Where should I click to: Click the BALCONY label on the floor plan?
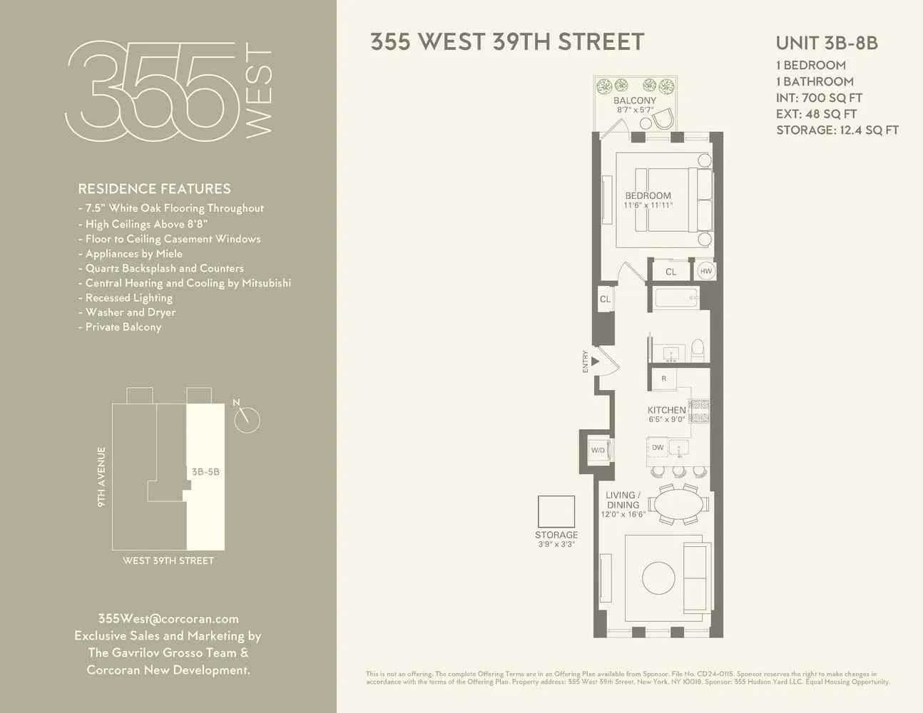[635, 101]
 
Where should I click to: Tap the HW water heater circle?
[705, 271]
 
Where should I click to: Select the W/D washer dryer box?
[600, 450]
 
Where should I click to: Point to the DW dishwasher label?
[658, 447]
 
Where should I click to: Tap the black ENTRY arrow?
[595, 361]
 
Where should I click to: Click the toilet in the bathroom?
[698, 349]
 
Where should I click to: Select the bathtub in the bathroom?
[677, 297]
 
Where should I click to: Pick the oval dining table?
[678, 504]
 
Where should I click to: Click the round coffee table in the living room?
[658, 578]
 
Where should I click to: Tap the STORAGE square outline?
[556, 511]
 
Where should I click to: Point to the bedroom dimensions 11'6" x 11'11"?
[648, 205]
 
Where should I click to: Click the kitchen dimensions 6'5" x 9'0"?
[666, 419]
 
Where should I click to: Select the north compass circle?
[248, 420]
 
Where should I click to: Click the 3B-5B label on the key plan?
[205, 471]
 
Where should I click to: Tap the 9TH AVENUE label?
[101, 476]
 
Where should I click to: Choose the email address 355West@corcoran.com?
[168, 619]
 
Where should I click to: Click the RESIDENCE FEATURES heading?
[154, 189]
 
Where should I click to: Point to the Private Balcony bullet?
[120, 327]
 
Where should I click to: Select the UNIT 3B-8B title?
[827, 43]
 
